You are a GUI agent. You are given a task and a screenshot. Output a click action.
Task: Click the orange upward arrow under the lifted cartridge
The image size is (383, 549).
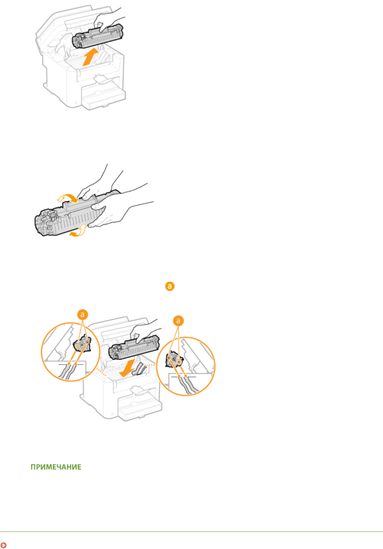pos(91,57)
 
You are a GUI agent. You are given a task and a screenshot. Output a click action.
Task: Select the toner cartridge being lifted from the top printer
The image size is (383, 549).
pos(98,36)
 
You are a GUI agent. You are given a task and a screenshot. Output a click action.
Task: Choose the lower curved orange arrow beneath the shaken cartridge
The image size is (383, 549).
pos(79,230)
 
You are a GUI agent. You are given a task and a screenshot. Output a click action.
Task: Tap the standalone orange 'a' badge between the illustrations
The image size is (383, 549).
pos(170,286)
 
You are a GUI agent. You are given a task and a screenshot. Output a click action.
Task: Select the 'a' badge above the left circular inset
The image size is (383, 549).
pos(82,315)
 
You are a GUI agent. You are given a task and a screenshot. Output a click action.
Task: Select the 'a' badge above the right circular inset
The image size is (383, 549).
pos(178,321)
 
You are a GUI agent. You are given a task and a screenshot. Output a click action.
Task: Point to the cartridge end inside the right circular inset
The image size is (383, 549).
pos(174,360)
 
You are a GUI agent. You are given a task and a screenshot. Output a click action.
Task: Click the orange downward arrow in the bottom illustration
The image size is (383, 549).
pos(127,368)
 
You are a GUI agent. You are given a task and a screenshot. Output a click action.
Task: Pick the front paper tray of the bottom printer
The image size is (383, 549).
pos(140,408)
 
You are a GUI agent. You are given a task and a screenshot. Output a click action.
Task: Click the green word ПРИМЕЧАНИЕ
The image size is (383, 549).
pos(56,467)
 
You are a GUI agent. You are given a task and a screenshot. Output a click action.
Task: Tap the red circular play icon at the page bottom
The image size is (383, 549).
pos(3,545)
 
